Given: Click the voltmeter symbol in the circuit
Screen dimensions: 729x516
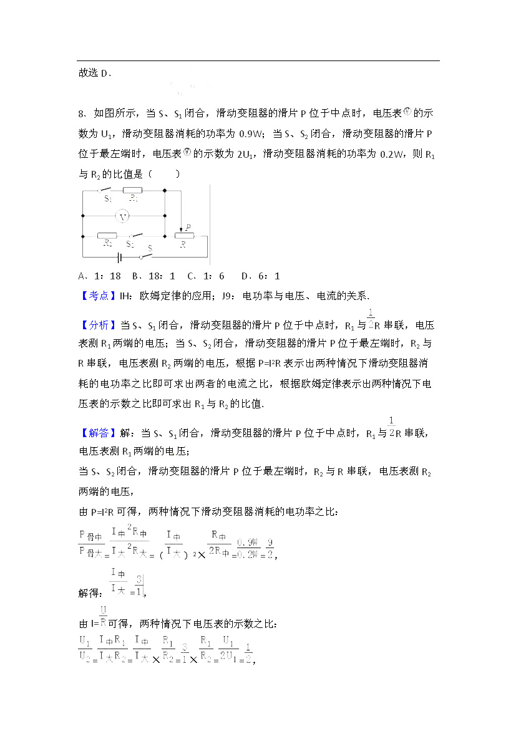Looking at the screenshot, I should [x=124, y=216].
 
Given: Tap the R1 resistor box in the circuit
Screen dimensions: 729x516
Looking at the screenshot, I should [x=132, y=190].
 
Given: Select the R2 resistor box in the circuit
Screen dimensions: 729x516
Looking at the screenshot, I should [x=107, y=236].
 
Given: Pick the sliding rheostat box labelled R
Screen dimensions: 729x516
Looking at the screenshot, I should [x=185, y=236].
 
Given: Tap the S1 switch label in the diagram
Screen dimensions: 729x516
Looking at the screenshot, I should [x=108, y=200].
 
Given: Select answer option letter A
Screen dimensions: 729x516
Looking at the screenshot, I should [x=82, y=276].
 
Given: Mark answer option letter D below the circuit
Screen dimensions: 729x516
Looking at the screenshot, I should [x=245, y=276].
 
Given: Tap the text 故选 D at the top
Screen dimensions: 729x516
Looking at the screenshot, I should [x=95, y=73].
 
